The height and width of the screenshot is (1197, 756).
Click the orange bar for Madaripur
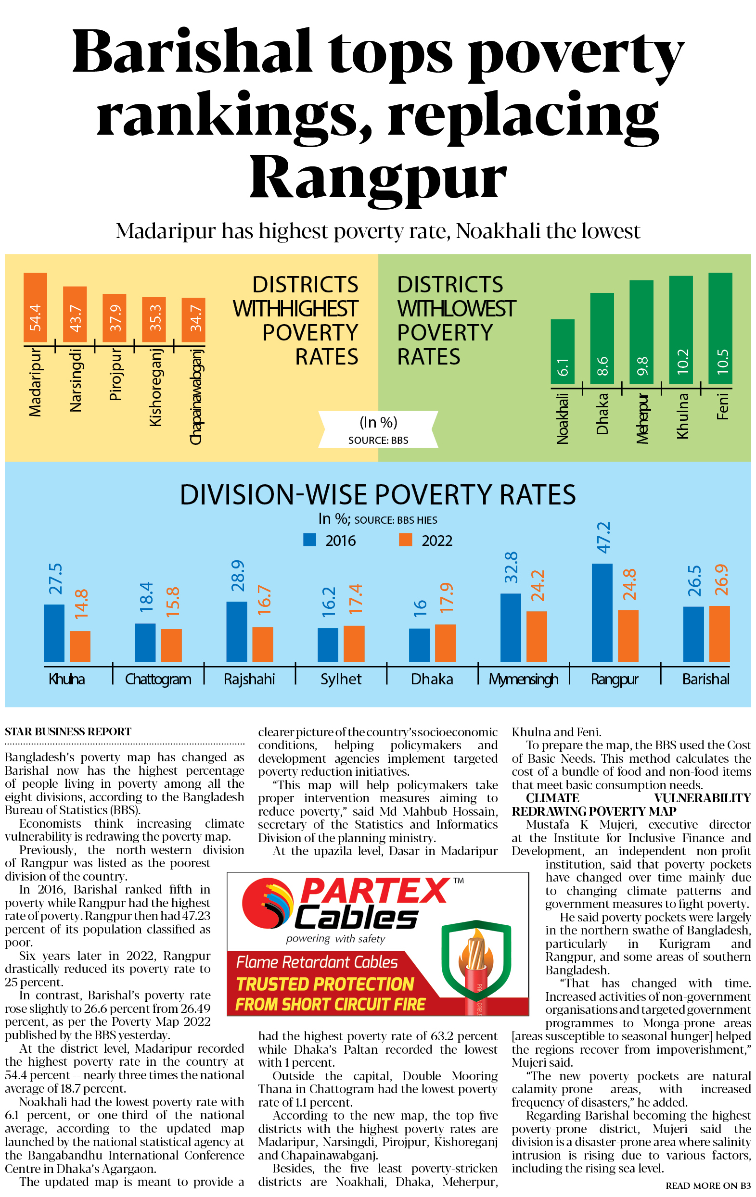(35, 307)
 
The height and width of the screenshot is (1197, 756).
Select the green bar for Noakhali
(562, 352)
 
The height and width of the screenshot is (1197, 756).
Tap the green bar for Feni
(720, 328)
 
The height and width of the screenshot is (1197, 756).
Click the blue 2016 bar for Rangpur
(602, 612)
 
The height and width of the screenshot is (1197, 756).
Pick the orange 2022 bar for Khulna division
(80, 646)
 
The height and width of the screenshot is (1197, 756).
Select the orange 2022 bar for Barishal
(719, 633)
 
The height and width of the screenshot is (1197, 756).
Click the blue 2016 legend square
(309, 540)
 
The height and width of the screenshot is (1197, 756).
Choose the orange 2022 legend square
(405, 540)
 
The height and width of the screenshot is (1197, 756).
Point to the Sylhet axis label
(341, 679)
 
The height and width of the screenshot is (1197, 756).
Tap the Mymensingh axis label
(523, 679)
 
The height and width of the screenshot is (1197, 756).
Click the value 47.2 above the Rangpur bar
(603, 537)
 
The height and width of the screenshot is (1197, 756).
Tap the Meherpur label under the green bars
(642, 418)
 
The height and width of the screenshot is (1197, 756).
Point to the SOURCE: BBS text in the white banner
(378, 441)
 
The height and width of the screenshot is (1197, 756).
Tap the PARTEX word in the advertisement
(374, 891)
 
